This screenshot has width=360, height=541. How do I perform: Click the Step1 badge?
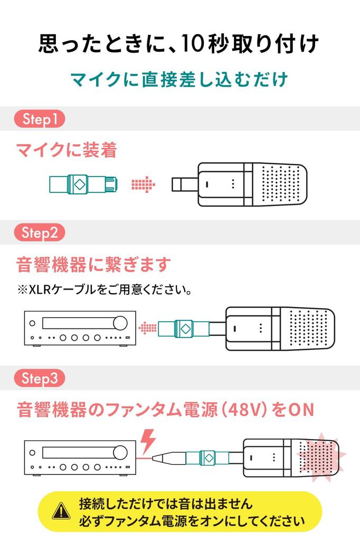(39, 119)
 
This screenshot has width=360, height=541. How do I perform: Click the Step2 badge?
(39, 232)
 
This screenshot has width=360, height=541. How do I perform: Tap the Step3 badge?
(39, 378)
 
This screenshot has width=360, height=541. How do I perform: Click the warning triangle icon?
(61, 511)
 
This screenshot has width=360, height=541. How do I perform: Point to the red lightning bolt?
(148, 441)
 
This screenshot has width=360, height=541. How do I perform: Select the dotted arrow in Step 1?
(143, 184)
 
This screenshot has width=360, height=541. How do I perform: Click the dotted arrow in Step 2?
(147, 328)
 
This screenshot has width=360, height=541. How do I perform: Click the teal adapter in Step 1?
(83, 184)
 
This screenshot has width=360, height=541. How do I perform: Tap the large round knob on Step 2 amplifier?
(120, 323)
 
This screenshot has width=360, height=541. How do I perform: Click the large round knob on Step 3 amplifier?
(120, 452)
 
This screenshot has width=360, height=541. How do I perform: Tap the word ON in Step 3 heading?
(301, 410)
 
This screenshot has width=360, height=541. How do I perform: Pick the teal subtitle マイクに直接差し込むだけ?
(179, 79)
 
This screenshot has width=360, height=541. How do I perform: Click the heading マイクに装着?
(67, 150)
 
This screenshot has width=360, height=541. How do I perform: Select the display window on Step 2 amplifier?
(78, 323)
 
